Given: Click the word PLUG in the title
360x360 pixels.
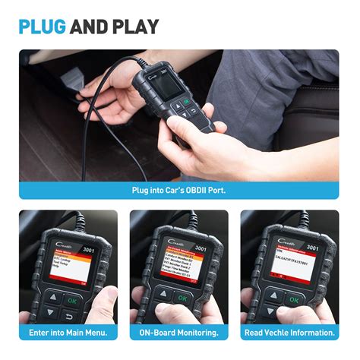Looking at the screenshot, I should [43, 28].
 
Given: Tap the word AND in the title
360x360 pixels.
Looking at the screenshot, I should [88, 28].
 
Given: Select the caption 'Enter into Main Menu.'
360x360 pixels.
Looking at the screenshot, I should [68, 333].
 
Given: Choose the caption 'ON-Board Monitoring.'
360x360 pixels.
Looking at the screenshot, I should [179, 333].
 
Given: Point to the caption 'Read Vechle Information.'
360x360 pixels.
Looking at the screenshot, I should [290, 333].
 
